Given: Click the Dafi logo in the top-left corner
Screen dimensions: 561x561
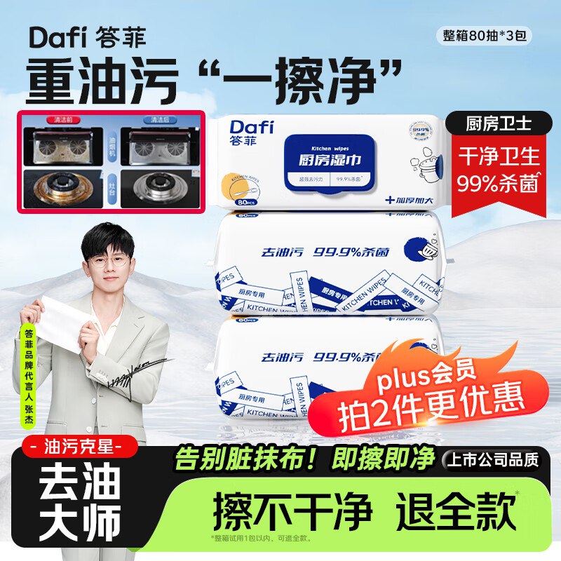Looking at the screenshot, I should coord(56,37).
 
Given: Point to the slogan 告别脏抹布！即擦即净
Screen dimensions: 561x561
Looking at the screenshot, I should coord(304,459).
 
